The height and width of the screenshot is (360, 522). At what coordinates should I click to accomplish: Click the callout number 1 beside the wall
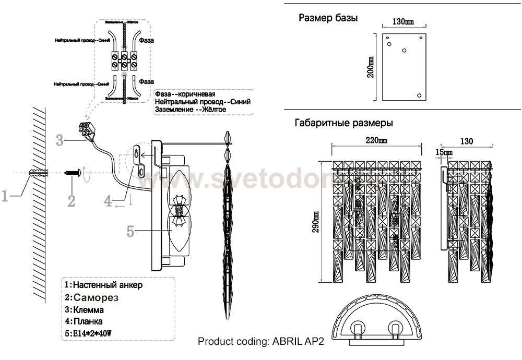click(5, 197)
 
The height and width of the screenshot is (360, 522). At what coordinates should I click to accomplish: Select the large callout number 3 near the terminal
click(60, 140)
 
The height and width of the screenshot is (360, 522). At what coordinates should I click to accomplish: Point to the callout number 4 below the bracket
click(108, 200)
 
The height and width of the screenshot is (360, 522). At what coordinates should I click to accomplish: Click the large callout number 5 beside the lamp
click(132, 229)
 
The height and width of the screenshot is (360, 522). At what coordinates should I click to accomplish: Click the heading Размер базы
click(328, 18)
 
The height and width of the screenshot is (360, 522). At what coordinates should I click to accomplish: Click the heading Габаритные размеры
click(343, 124)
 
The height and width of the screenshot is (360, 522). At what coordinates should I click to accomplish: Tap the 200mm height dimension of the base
click(370, 67)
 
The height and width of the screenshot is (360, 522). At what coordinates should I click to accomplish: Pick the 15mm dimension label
click(445, 152)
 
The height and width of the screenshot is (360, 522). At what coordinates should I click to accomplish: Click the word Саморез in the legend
click(96, 297)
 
